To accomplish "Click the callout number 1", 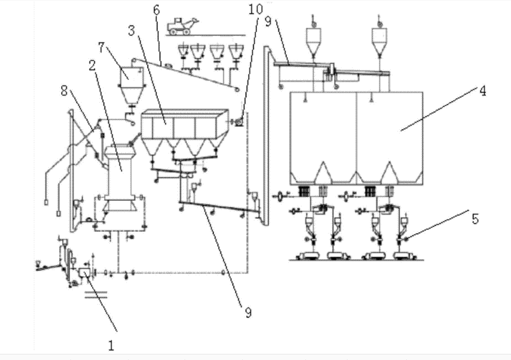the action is [x=111, y=346].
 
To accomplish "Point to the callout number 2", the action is [x=93, y=65].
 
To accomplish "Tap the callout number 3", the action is [x=131, y=31].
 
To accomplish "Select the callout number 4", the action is [x=483, y=92].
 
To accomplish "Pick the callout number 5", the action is [x=476, y=219].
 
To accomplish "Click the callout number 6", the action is [x=156, y=11].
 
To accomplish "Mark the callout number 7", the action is [x=101, y=48].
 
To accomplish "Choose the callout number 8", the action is [x=64, y=90].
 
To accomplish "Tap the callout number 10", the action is [x=256, y=9].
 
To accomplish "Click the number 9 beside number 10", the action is [x=268, y=22].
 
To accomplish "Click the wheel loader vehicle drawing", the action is [x=182, y=26].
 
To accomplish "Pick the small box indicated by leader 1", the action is [x=85, y=272].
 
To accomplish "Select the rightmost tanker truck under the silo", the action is [x=404, y=256].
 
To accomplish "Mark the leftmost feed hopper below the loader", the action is [x=183, y=51].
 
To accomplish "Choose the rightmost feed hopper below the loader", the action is [x=236, y=51].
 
